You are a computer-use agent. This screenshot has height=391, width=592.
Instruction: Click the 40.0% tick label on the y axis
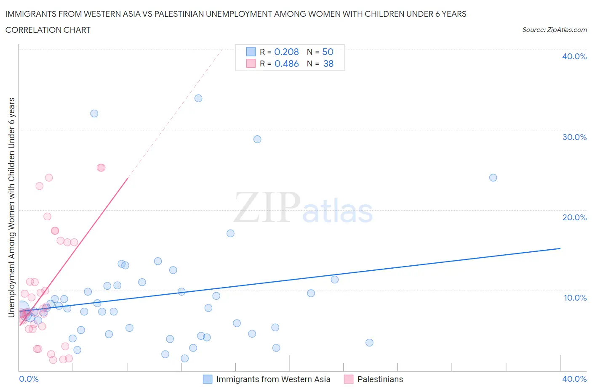tap(574, 56)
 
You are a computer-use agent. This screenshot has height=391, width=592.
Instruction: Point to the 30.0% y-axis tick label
tap(574, 137)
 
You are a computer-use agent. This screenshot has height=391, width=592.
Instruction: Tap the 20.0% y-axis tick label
tap(574, 217)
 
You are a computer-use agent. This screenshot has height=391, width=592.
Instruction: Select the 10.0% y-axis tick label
tap(575, 298)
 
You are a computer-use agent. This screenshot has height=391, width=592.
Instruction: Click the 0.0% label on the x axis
tap(29, 379)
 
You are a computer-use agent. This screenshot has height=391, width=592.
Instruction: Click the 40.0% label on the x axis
tap(574, 379)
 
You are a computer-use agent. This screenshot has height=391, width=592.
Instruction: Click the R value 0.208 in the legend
tap(286, 52)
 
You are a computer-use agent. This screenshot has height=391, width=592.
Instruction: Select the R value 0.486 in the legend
tap(286, 63)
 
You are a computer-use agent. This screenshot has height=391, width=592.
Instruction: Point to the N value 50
tap(328, 52)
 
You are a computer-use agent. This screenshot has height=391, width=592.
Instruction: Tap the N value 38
tap(328, 63)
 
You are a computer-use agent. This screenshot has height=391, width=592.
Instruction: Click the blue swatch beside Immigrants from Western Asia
tap(208, 379)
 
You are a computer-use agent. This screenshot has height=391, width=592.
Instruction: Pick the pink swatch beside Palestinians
tap(348, 379)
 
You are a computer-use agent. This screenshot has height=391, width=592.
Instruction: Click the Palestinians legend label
tap(380, 379)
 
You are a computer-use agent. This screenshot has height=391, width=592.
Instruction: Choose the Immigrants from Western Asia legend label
tap(273, 379)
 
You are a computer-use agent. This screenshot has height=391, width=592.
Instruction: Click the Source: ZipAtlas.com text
tap(554, 29)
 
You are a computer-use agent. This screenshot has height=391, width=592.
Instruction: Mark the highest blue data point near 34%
tap(198, 98)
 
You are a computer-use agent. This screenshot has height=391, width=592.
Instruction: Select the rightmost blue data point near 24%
tap(493, 177)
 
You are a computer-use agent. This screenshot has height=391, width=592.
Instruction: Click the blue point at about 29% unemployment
tap(257, 139)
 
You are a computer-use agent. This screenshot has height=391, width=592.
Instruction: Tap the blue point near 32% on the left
tap(94, 114)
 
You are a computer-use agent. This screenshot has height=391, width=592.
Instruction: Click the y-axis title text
tap(12, 207)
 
